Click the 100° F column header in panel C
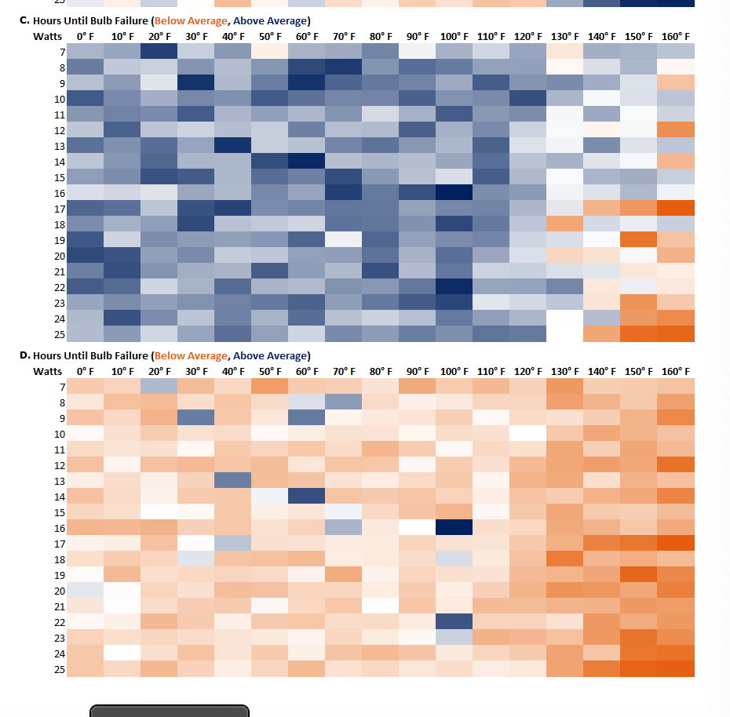click(453, 37)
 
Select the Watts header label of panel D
click(47, 371)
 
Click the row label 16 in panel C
click(60, 193)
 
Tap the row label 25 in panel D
click(60, 668)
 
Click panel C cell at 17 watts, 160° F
click(676, 208)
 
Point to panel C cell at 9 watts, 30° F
click(195, 82)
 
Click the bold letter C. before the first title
click(24, 20)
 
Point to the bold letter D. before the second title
click(25, 355)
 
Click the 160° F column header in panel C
click(676, 37)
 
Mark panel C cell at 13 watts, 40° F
click(232, 145)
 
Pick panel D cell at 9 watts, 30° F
click(195, 417)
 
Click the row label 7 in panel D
click(62, 387)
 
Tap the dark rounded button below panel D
click(170, 711)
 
